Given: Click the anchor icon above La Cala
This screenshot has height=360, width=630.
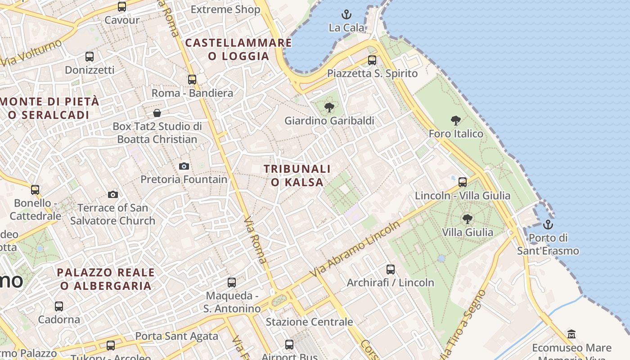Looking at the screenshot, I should pos(346,14).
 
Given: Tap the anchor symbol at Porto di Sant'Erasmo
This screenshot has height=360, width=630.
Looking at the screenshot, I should pos(548,224).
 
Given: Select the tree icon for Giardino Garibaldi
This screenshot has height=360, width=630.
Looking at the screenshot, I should pos(329,107).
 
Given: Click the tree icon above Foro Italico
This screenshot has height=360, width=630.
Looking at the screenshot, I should pos(455,120).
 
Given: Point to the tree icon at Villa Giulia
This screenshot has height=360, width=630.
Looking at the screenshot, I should pos(467,219).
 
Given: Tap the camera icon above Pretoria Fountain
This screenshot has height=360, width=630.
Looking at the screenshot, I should pos(184,166).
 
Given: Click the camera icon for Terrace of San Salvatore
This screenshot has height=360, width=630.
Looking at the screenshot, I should pos(112,194).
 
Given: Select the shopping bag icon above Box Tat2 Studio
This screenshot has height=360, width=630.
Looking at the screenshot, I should pos(157,112).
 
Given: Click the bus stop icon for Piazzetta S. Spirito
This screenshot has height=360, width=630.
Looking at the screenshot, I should pos(372,60).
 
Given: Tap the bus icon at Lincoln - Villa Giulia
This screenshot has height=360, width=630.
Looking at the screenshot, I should pos(463,182).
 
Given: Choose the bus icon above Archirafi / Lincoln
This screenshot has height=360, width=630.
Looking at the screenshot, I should pos(391,270).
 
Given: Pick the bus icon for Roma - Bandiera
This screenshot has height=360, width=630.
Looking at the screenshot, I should pos(192,80).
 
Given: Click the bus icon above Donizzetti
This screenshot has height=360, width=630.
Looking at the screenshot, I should pos(90,57).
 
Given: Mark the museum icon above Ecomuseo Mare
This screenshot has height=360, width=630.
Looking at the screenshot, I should pos(571,334).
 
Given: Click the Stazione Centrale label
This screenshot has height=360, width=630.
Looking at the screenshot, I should pos(309,322).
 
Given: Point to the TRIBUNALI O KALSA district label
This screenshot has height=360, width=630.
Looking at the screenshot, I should pos(297,175).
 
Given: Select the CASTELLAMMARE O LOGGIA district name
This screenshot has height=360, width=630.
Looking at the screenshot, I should pos(238,49).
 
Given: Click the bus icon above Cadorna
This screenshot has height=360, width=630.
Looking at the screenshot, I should pos(59,306).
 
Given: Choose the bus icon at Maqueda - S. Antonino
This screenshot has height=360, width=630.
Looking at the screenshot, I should pos(232,283).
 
